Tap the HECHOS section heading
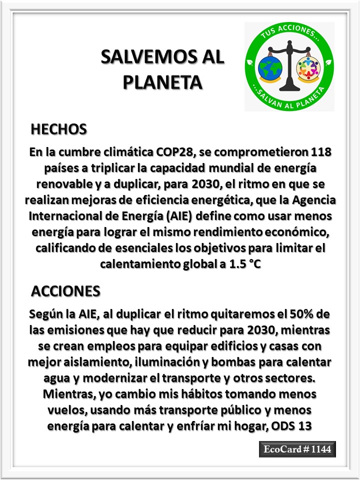pos(59,129)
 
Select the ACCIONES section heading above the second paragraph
pos(65,290)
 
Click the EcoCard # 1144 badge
pos(297,449)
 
